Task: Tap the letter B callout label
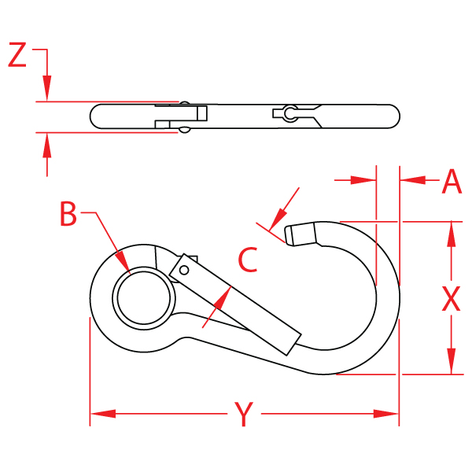[x=69, y=214]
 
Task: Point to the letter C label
[x=248, y=260]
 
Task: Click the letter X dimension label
[x=451, y=299]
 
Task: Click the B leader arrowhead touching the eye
[x=123, y=264]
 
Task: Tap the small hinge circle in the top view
[x=290, y=114]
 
